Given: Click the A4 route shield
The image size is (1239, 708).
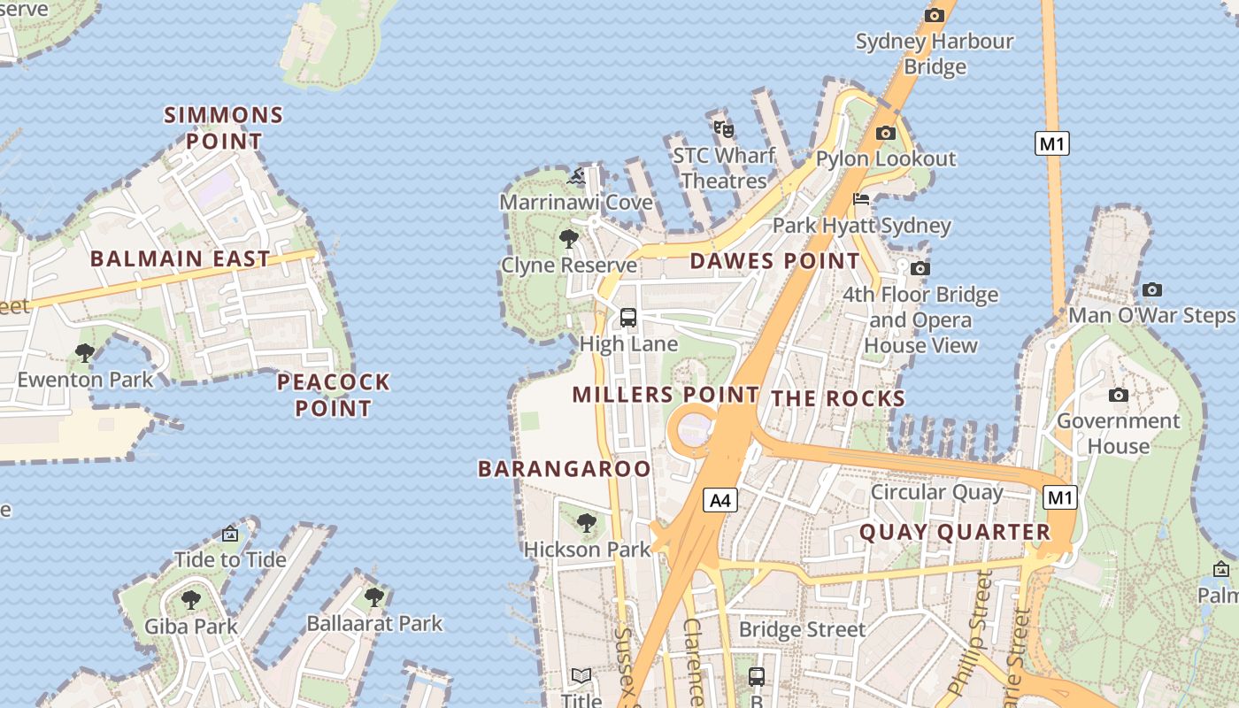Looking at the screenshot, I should (x=720, y=501).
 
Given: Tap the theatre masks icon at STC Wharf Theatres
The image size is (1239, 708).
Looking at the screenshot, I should (x=724, y=129).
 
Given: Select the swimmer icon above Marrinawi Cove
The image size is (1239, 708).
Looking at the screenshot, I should (x=577, y=177).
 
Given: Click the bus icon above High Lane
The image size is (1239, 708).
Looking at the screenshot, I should (x=628, y=317).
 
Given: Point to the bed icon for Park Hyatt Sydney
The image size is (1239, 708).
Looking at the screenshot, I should (x=861, y=199).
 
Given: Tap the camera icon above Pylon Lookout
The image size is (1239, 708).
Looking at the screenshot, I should (x=885, y=134).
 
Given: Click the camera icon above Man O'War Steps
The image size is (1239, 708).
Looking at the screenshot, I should (x=1151, y=289).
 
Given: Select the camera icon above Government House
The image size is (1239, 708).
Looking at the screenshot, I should (x=1119, y=395).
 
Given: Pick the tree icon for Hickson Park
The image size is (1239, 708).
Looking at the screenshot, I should (x=587, y=523).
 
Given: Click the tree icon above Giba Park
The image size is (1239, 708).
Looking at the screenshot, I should (x=191, y=600).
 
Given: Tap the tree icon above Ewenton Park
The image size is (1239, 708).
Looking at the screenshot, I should (x=85, y=353).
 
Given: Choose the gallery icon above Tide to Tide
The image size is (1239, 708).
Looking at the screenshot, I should (x=230, y=534).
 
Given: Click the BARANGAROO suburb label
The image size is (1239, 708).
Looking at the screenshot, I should (x=565, y=469).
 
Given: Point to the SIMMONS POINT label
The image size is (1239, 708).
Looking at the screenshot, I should (x=224, y=127).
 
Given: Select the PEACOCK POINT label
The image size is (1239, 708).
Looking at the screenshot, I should (x=333, y=395).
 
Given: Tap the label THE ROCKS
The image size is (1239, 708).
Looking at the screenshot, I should (x=838, y=399).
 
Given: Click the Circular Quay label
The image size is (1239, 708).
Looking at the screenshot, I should (x=937, y=492).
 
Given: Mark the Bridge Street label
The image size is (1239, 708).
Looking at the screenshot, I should (x=802, y=629).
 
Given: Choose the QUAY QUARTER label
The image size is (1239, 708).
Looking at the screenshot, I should (x=955, y=532).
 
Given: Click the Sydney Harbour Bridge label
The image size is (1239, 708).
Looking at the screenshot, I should (x=935, y=53).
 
